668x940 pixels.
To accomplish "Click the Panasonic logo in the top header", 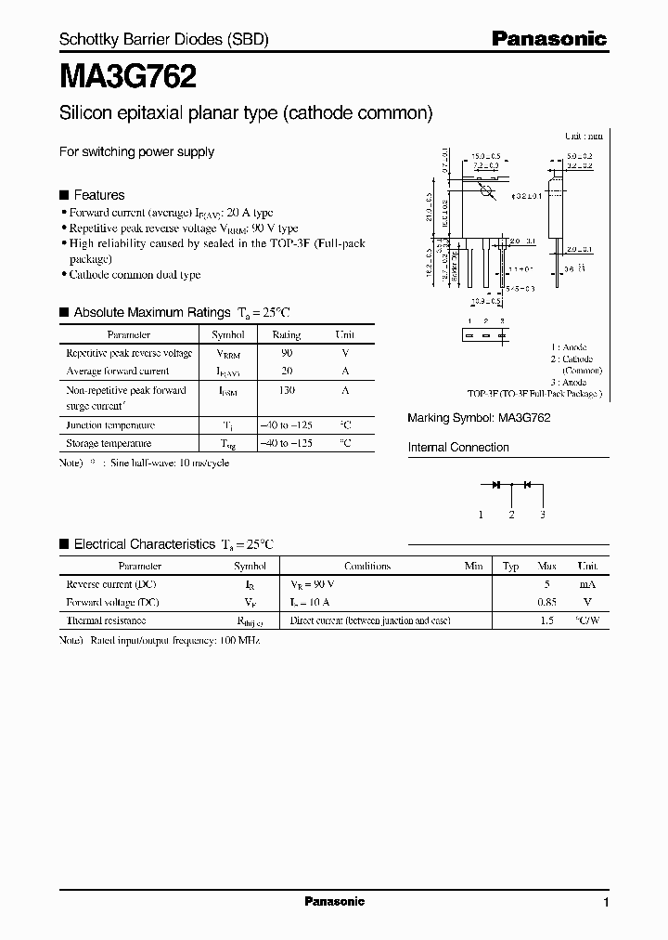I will coord(548,39).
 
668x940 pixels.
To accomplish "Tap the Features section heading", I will coord(98,195).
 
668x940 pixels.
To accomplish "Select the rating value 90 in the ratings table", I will coord(286,353).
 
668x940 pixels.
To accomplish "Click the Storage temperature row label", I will coord(109,443).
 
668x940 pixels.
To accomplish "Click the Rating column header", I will coord(286,334).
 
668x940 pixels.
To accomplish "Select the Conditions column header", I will coord(367,566).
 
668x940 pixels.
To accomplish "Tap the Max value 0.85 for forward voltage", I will coord(546,602).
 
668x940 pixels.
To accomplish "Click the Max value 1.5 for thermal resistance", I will coord(546,620).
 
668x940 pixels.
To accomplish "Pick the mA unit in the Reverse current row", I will coord(587,584).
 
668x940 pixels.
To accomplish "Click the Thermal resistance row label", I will coord(106,620).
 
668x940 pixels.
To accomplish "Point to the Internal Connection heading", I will coord(458,448).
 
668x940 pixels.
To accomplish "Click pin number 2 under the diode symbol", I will coord(511,515).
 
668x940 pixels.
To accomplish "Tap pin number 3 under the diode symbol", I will coord(542,515).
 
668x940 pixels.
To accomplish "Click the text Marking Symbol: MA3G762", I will coord(479,418).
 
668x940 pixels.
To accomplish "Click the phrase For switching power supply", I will coord(136,151).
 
